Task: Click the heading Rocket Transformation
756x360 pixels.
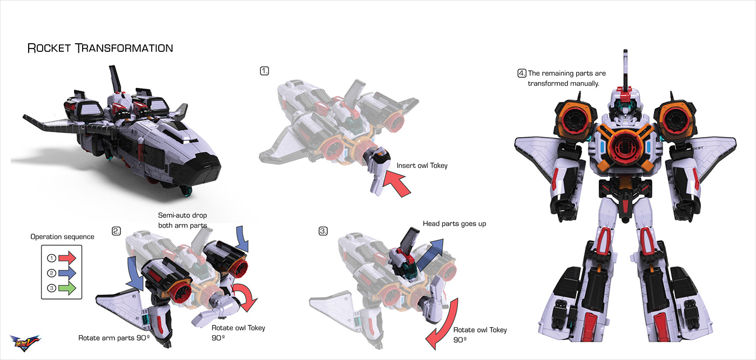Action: tap(100, 48)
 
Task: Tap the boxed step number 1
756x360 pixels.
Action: tap(265, 71)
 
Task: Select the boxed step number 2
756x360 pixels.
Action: tap(116, 231)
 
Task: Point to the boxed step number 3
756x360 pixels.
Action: tap(323, 231)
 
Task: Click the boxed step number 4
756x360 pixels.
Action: tap(522, 73)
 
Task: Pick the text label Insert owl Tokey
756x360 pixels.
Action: tap(422, 166)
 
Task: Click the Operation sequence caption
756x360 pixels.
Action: tap(62, 237)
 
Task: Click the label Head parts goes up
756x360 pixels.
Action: tap(454, 223)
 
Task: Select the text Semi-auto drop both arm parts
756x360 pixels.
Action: tap(182, 220)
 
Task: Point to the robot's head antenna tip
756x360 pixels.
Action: tap(626, 52)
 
